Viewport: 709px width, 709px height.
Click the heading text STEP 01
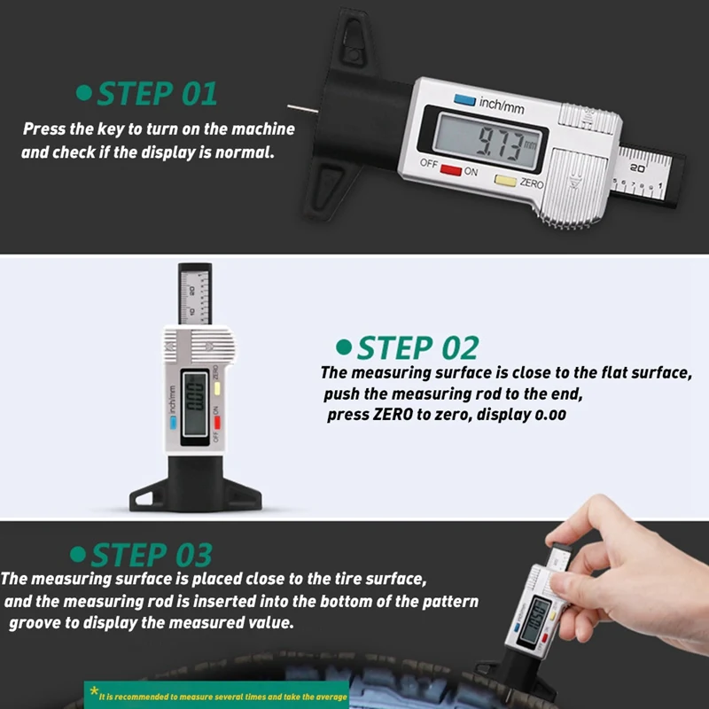click(x=157, y=94)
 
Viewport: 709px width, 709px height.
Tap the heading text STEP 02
click(x=417, y=347)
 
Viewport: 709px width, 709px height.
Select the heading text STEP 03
click(x=152, y=555)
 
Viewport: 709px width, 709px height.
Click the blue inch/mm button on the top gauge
click(x=464, y=100)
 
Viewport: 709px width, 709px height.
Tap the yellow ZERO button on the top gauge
click(x=505, y=181)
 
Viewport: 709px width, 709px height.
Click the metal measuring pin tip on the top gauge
click(x=289, y=106)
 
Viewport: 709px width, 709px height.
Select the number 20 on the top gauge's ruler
click(x=637, y=168)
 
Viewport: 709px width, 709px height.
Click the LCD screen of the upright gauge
click(x=194, y=406)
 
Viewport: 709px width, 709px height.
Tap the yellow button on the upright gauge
click(x=217, y=388)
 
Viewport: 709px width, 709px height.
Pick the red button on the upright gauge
click(x=217, y=423)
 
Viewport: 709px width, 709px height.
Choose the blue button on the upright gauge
click(x=173, y=423)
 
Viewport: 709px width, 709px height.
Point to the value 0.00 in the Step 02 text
click(x=550, y=415)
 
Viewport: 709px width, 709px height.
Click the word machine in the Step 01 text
click(x=263, y=129)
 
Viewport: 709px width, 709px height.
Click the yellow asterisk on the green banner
click(x=94, y=690)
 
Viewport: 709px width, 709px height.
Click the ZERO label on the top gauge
click(x=531, y=183)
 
